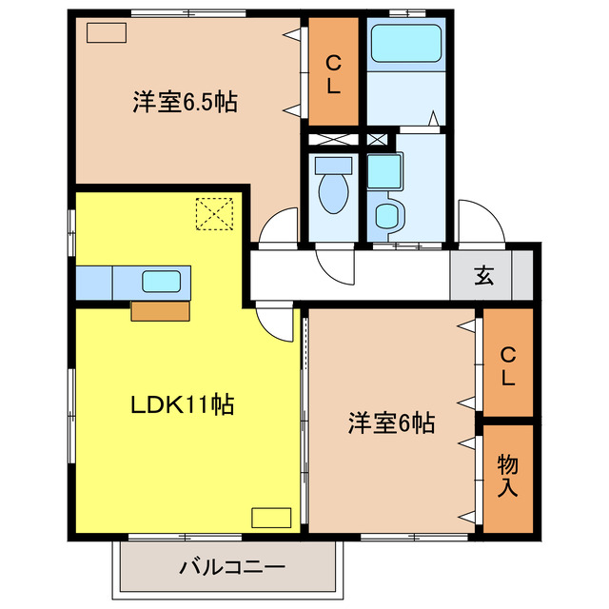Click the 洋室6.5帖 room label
[x=185, y=102]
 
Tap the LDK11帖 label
[x=183, y=404]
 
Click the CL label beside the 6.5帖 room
[x=334, y=74]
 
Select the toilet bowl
[x=333, y=190]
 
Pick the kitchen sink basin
[x=160, y=281]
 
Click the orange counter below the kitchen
[x=160, y=309]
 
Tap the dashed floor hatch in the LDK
[x=215, y=213]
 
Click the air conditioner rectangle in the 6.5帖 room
[x=106, y=31]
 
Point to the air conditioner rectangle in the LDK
[x=270, y=518]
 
